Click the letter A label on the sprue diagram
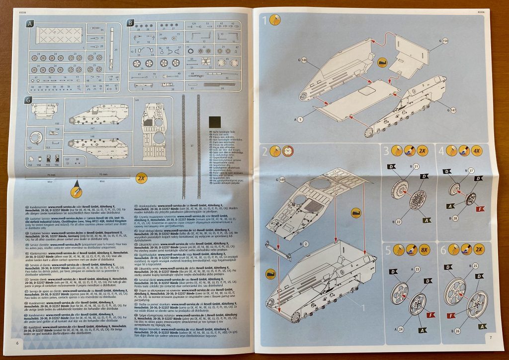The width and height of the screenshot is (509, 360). pos(30,23)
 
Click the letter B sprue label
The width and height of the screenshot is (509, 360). pos(130,22)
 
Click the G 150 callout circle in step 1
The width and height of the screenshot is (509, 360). pos(444,40)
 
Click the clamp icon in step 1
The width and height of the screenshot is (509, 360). pos(382,63)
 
